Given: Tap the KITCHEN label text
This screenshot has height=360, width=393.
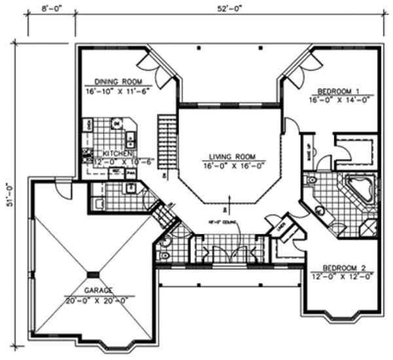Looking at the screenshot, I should (117, 152).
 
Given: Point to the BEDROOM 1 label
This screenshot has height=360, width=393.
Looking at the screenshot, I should (338, 90).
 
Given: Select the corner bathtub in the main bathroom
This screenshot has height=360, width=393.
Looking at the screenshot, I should (359, 188).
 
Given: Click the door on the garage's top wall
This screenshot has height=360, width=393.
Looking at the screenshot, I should (63, 188).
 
